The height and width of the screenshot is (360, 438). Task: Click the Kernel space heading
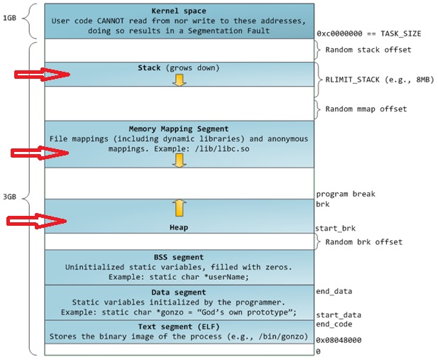pos(179,11)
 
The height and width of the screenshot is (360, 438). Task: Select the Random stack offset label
pos(367,50)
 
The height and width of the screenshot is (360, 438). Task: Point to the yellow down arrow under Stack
pos(180,80)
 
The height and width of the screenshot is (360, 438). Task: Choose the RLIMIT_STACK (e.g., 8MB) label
pos(376,80)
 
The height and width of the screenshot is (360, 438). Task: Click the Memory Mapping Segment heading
pos(179,129)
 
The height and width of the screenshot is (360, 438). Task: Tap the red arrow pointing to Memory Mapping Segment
pos(36,152)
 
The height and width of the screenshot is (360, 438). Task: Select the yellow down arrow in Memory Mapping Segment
pos(180,160)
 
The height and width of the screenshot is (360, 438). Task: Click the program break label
pos(346,193)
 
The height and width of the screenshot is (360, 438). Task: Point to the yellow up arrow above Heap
pos(180,207)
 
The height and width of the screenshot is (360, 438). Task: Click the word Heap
pos(179,227)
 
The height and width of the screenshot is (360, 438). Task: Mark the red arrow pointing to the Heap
pos(36,222)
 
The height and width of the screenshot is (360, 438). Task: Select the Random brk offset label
pos(363,241)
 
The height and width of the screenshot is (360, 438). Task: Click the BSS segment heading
pos(179,257)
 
